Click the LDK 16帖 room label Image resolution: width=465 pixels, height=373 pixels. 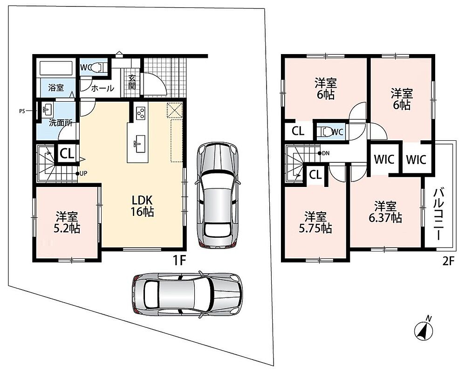click(143, 206)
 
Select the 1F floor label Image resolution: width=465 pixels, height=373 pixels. click(179, 261)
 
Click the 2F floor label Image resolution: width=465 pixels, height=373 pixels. click(448, 261)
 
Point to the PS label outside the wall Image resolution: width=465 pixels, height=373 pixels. click(22, 111)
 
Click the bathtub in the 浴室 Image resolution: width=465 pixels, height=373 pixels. click(56, 68)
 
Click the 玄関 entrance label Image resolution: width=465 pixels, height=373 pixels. click(132, 82)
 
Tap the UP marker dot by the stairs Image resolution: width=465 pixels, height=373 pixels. click(77, 173)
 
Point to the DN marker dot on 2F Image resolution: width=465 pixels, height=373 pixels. click(319, 153)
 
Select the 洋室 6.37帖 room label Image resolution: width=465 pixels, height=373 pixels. click(385, 212)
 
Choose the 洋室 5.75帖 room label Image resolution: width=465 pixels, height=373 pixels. click(315, 222)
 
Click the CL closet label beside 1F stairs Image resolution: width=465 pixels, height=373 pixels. click(67, 153)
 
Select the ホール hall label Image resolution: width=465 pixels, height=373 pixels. click(103, 88)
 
